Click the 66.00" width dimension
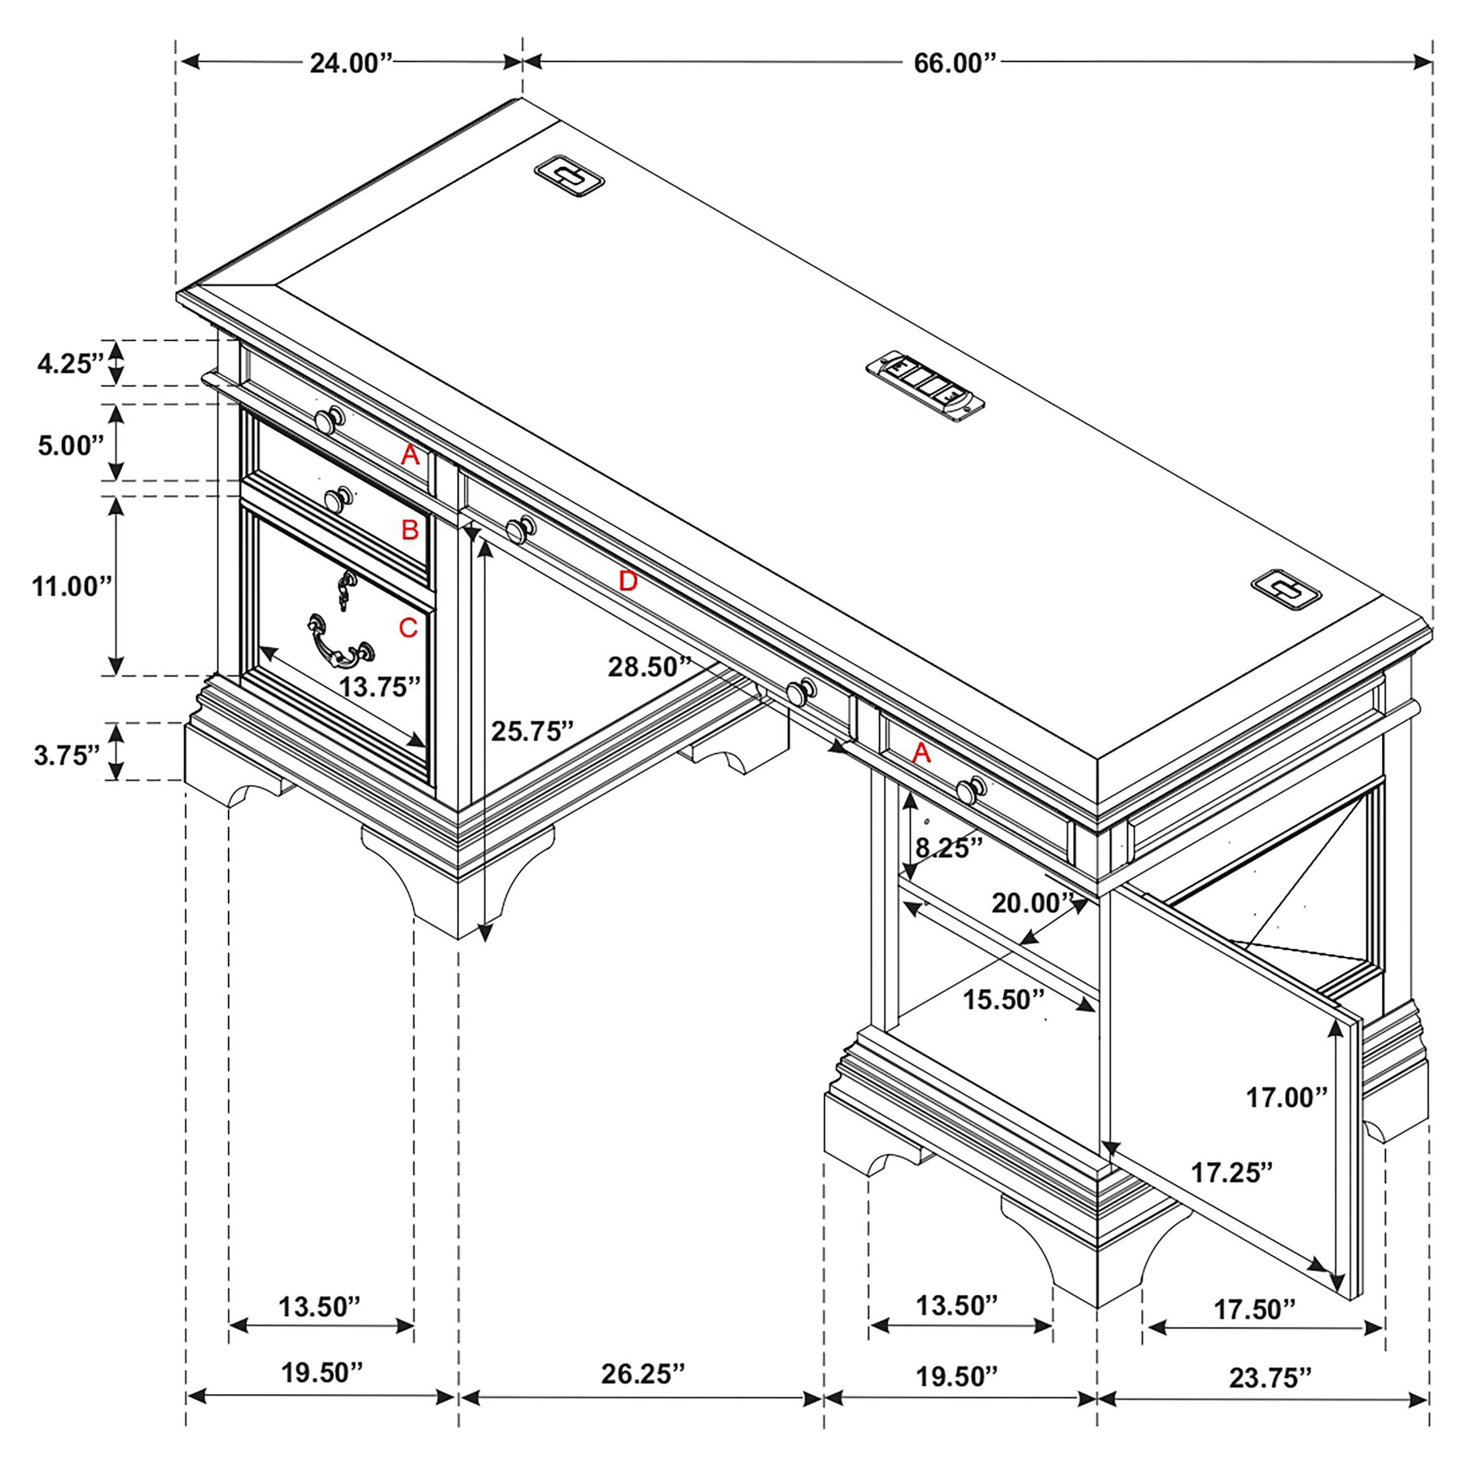click(x=955, y=63)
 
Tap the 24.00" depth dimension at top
click(x=352, y=63)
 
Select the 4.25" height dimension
click(x=71, y=363)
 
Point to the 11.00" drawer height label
click(x=72, y=586)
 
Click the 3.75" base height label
click(x=67, y=755)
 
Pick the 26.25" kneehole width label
click(x=643, y=1374)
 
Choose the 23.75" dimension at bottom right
click(x=1270, y=1378)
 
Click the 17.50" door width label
click(x=1254, y=1310)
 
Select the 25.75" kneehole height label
click(x=532, y=732)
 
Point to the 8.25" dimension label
click(x=949, y=848)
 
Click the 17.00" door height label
click(x=1287, y=1098)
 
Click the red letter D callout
click(x=628, y=581)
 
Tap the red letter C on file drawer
click(x=408, y=628)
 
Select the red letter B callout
click(x=409, y=530)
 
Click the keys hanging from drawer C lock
click(x=346, y=589)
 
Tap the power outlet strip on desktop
click(x=925, y=386)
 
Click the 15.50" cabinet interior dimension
click(x=1004, y=999)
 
